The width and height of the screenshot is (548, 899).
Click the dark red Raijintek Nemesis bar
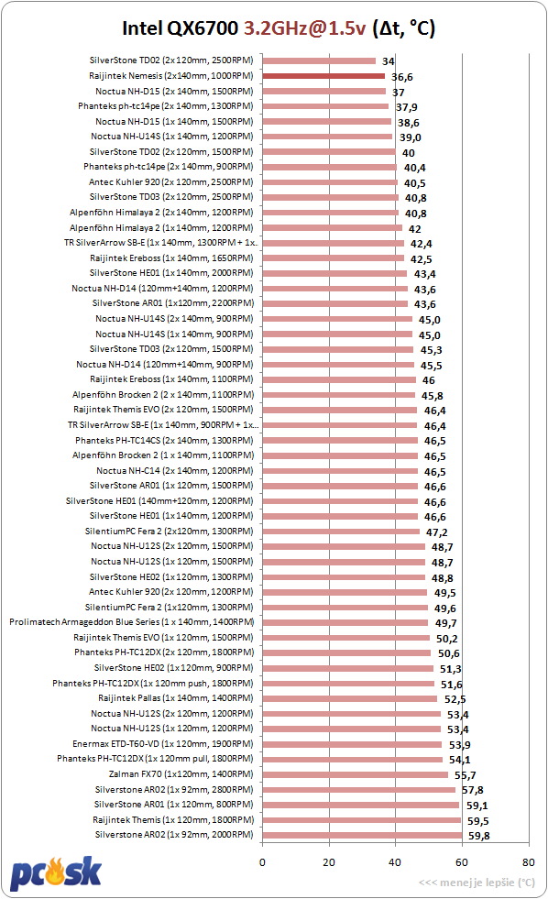click(323, 76)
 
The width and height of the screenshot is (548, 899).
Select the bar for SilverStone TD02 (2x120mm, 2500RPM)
click(319, 60)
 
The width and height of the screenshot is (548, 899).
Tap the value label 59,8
click(478, 836)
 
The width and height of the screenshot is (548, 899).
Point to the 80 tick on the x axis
click(528, 861)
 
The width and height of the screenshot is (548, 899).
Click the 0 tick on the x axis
click(262, 861)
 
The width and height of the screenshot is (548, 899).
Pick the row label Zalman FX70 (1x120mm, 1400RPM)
click(181, 774)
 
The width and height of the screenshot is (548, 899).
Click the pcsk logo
click(56, 873)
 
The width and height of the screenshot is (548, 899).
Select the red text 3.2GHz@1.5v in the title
click(304, 28)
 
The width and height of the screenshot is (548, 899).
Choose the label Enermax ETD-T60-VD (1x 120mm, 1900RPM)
click(163, 743)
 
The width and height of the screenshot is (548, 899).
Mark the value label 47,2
click(437, 532)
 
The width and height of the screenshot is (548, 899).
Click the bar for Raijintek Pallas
click(350, 698)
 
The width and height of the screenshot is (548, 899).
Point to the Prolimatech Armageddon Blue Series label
click(132, 622)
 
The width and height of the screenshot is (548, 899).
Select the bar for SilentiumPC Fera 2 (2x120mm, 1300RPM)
click(341, 532)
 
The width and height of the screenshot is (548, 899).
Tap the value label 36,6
click(401, 77)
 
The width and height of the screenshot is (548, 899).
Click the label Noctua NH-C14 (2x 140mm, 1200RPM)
click(175, 471)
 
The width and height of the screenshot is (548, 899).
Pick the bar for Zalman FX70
click(356, 774)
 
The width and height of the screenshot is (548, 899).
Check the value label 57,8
click(472, 790)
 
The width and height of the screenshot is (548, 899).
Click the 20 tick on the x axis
click(329, 861)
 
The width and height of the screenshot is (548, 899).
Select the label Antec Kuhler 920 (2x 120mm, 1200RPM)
click(170, 592)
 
